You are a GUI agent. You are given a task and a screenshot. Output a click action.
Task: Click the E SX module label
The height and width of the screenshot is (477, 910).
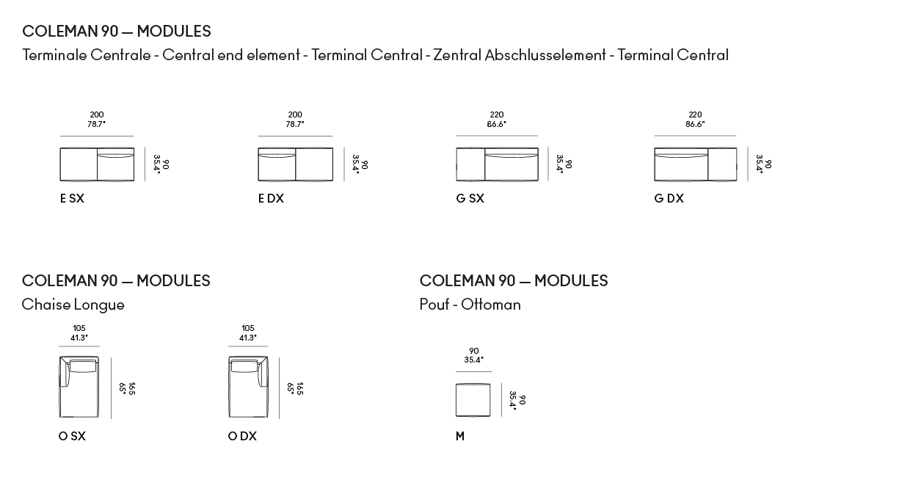pos(72,198)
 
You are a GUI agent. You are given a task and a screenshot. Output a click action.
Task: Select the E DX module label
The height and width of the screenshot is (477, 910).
pos(271,198)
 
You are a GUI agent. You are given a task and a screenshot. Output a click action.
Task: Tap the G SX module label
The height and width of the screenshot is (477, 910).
pos(470,198)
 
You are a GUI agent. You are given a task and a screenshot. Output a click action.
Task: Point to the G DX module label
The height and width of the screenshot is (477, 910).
pos(669,198)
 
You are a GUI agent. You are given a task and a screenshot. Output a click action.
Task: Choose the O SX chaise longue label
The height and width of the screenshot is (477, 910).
pos(72,436)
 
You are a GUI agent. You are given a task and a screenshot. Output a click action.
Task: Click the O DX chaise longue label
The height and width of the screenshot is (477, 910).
pos(242,436)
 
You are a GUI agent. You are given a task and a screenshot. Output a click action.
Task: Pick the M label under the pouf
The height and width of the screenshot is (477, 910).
pos(460,436)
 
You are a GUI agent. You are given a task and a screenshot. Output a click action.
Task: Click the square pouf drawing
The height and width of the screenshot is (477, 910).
pos(473,400)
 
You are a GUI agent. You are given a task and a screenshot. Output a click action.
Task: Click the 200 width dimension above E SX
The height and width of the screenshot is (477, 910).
pos(97,114)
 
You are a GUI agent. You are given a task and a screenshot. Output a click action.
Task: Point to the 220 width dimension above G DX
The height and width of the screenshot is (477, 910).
pos(695,114)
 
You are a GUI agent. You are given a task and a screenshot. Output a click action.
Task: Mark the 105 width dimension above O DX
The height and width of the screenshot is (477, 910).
pos(248,328)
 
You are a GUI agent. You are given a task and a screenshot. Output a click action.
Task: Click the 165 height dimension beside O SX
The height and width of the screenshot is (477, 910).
pos(131,388)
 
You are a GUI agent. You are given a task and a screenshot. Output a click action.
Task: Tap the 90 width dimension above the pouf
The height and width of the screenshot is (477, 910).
pos(473,351)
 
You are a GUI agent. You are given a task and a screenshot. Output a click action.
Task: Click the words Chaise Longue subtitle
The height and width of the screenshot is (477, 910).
pos(73,305)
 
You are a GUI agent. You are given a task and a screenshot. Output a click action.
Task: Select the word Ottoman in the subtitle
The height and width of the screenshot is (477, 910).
pos(491,305)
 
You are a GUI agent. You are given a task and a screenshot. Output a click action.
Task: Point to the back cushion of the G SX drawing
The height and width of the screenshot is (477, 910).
pos(512,153)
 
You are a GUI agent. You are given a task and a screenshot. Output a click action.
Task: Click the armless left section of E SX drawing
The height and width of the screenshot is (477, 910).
pos(79,164)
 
